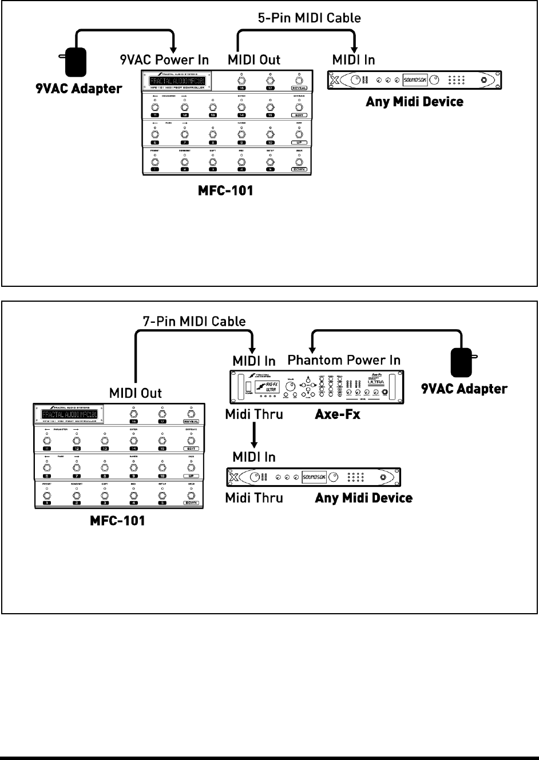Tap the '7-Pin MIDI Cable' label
point(195,321)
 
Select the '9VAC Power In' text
point(164,59)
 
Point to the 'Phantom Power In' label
point(344,360)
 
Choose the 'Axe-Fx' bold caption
point(338,414)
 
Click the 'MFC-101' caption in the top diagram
point(225,190)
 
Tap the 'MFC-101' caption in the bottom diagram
point(117,521)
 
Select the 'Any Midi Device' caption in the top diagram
point(414,102)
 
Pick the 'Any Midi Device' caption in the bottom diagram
point(364,498)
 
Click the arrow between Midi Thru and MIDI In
point(254,435)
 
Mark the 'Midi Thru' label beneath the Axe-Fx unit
point(254,414)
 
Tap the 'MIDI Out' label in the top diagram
point(254,59)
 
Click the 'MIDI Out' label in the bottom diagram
point(136,393)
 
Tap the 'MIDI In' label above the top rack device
point(354,59)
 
